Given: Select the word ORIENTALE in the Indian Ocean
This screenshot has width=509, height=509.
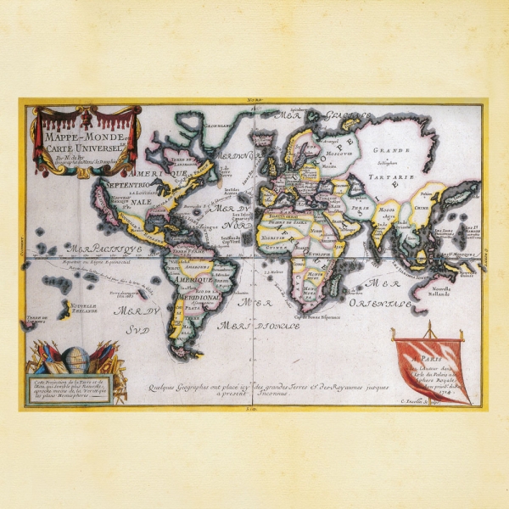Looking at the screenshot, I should (383, 302).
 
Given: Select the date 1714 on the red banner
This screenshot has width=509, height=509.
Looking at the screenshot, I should (456, 383).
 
